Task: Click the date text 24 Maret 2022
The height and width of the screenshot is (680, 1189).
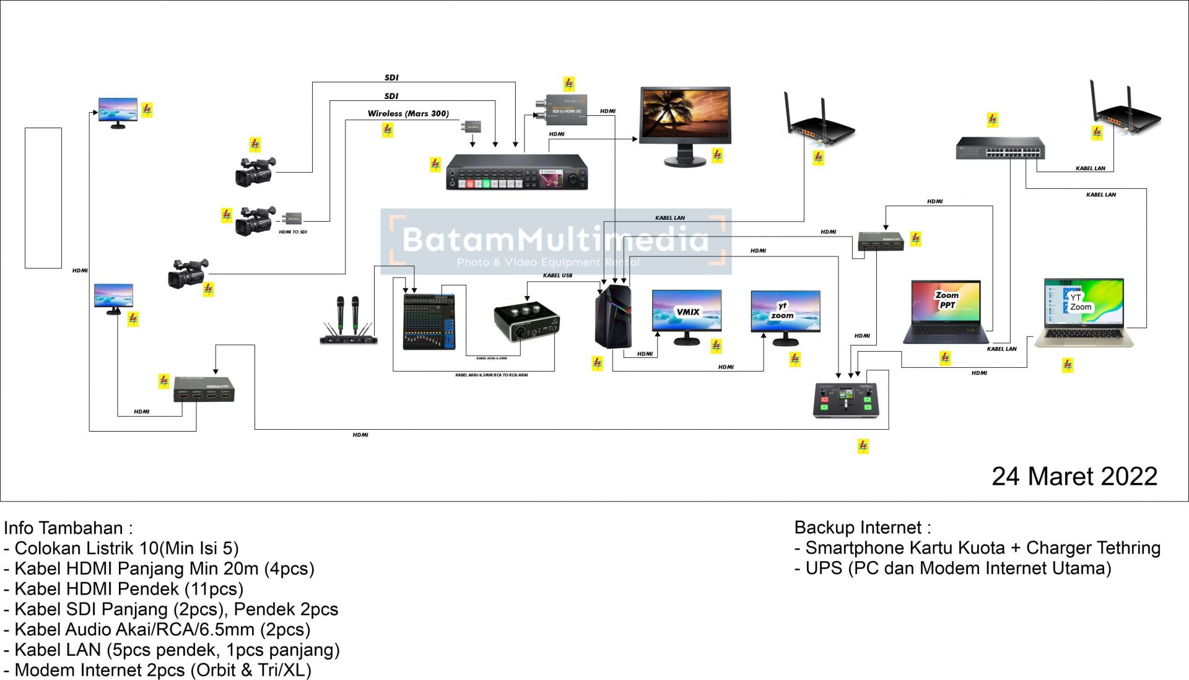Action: pos(1074,476)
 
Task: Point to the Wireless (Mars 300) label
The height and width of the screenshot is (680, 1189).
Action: pos(408,113)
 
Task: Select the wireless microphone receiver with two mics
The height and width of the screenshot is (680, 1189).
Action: pos(348,322)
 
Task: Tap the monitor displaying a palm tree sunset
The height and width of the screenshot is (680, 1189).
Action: pos(685,124)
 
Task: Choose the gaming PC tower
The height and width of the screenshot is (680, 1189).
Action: pos(612,316)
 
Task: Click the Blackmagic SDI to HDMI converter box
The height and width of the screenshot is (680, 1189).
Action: pos(561,110)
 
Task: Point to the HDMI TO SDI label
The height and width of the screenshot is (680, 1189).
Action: pos(292,232)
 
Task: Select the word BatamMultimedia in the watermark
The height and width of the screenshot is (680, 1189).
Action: pos(555,239)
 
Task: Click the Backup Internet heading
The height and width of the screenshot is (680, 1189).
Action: pos(862,528)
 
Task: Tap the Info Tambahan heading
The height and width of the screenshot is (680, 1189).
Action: pos(68,528)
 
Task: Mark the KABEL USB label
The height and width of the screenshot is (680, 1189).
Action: pos(557,276)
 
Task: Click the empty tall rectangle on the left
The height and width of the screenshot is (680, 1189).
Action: pos(43,198)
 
